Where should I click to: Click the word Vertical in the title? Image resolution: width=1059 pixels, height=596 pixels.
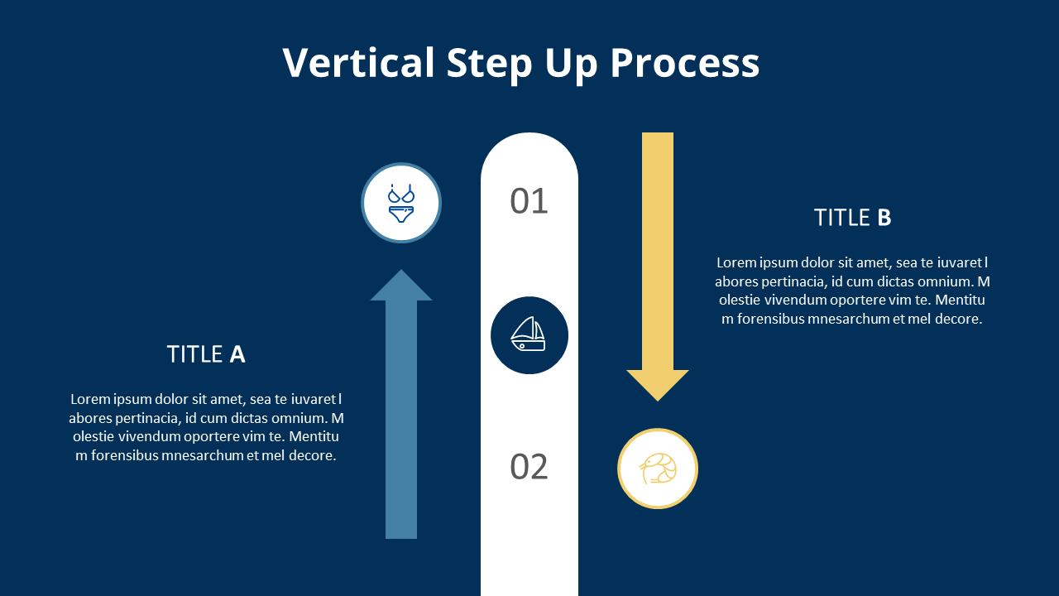pyautogui.click(x=358, y=63)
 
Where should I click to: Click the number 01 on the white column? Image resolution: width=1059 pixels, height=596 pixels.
pyautogui.click(x=529, y=201)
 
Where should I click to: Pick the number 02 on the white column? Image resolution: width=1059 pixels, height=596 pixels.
pyautogui.click(x=529, y=467)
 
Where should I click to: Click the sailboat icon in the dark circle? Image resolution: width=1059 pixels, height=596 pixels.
pyautogui.click(x=529, y=334)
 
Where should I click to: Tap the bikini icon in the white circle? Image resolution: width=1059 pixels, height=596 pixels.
pyautogui.click(x=401, y=204)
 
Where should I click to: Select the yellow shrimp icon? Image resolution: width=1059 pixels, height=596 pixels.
pyautogui.click(x=658, y=469)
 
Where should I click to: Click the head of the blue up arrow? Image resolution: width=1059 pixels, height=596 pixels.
pyautogui.click(x=401, y=286)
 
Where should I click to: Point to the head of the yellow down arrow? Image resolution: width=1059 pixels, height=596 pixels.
pyautogui.click(x=658, y=384)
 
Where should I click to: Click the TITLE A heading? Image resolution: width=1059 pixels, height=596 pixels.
pyautogui.click(x=206, y=354)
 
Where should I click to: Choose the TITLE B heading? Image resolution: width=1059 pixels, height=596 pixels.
pyautogui.click(x=852, y=218)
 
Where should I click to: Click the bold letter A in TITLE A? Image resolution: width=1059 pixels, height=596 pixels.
pyautogui.click(x=237, y=354)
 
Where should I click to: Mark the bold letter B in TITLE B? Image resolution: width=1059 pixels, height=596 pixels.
pyautogui.click(x=884, y=218)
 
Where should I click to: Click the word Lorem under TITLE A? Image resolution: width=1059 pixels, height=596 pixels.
pyautogui.click(x=90, y=399)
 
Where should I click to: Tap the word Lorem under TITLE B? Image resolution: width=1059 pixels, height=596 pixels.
pyautogui.click(x=736, y=262)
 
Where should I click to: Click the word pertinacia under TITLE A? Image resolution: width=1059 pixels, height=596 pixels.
pyautogui.click(x=146, y=418)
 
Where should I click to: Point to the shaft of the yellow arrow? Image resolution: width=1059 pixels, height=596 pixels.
pyautogui.click(x=658, y=248)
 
